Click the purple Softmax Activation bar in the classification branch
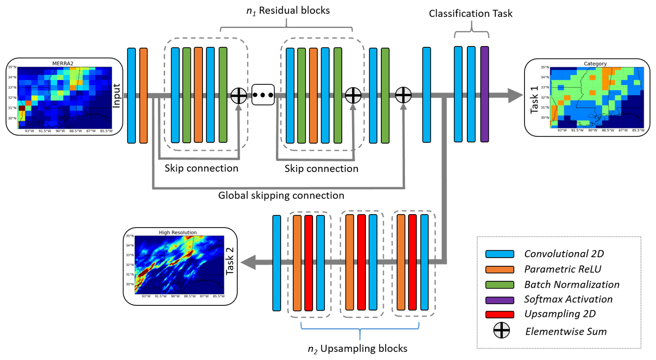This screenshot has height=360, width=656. [484, 94]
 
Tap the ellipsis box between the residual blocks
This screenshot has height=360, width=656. [263, 95]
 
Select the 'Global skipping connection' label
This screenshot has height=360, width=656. [281, 196]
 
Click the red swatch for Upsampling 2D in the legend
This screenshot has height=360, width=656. [500, 314]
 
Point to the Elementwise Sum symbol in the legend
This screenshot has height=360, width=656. [501, 331]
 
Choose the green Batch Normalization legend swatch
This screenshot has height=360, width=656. [500, 285]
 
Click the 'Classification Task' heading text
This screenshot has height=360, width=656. [471, 14]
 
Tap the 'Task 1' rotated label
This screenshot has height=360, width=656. [534, 100]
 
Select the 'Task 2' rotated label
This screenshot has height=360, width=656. [230, 261]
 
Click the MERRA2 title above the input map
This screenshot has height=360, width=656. [63, 64]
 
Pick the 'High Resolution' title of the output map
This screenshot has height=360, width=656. [178, 233]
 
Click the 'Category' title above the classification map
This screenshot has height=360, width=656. [595, 64]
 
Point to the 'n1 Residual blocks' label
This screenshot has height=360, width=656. [288, 11]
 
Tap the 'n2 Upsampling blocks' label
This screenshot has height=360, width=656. [358, 348]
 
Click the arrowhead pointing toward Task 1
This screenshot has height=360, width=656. [515, 95]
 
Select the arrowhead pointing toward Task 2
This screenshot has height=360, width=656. [249, 262]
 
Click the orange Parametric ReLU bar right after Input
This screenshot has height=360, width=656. [144, 95]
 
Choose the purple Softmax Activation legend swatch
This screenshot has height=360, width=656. [500, 300]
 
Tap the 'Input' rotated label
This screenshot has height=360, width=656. [116, 95]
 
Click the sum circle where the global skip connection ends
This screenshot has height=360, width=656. [403, 95]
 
